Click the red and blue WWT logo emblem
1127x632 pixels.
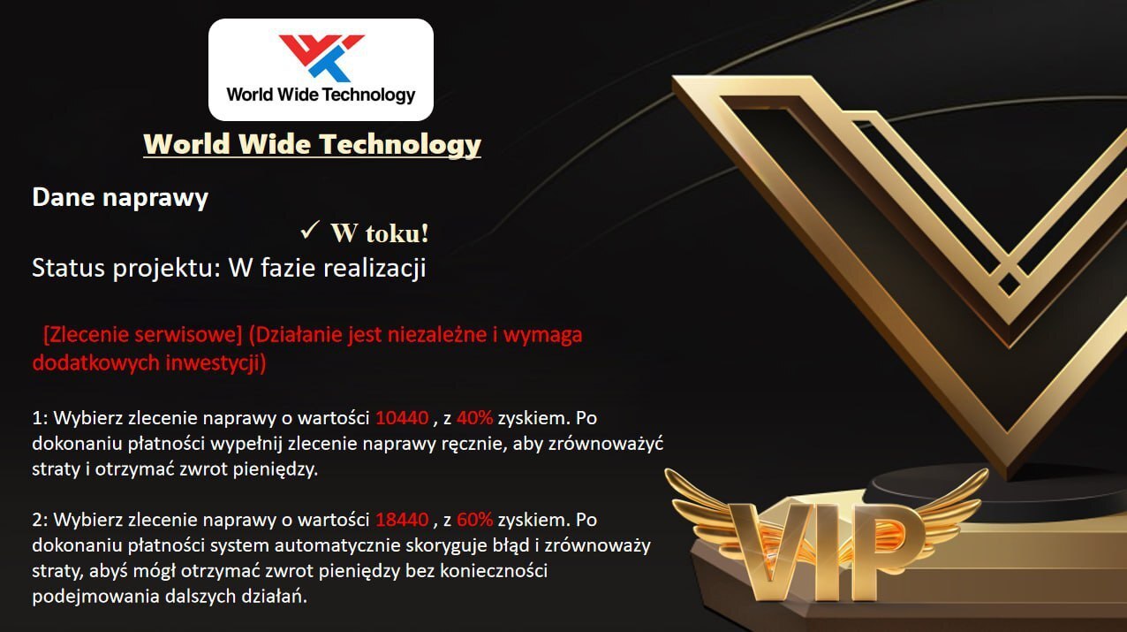click(321, 58)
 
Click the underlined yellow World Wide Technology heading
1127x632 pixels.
click(312, 145)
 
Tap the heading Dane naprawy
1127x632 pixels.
click(120, 198)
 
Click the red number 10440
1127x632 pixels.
click(402, 418)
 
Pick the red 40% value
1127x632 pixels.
click(474, 418)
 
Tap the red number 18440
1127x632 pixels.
click(402, 520)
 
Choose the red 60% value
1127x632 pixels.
click(474, 520)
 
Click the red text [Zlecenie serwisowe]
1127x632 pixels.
click(143, 335)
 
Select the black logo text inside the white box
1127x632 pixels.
click(321, 95)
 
